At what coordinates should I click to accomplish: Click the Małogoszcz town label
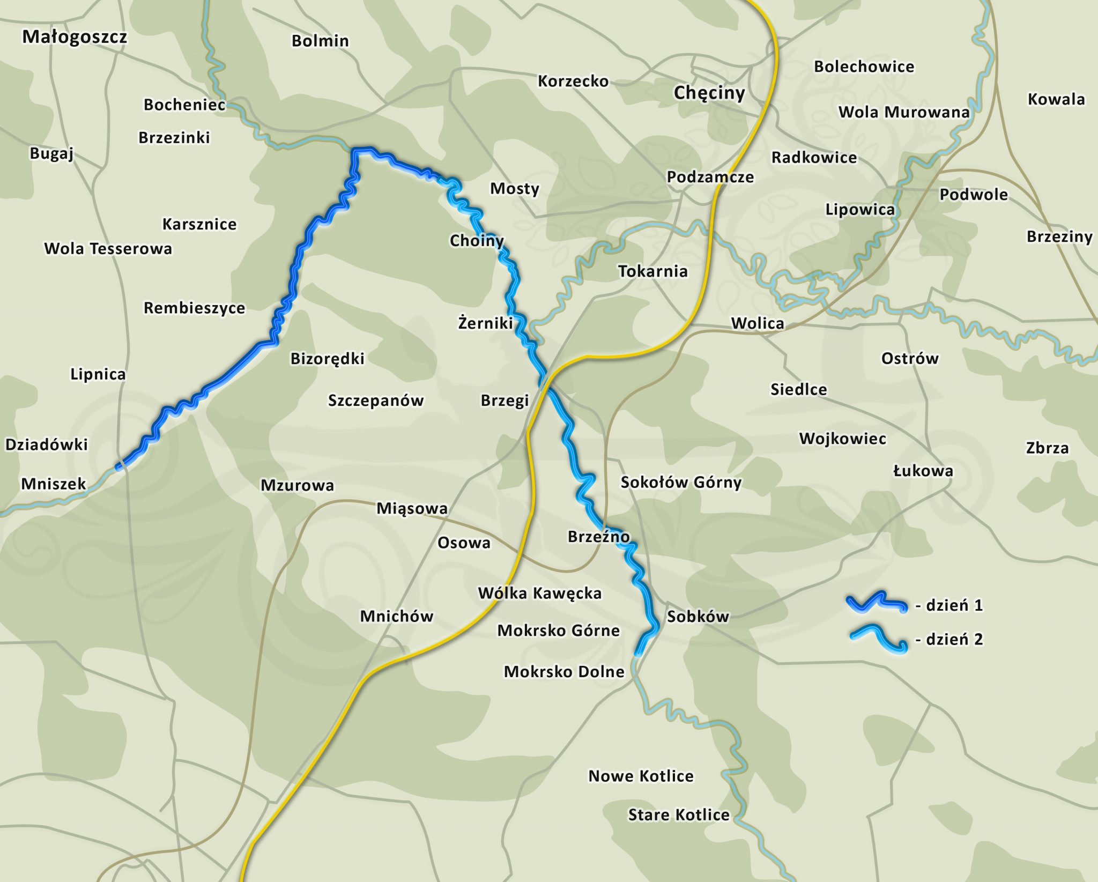coord(75,37)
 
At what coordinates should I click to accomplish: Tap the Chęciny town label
coord(709,93)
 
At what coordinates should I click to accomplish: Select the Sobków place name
coord(698,617)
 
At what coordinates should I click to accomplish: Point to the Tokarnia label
coord(652,271)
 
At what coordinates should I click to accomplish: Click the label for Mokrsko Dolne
coord(564,672)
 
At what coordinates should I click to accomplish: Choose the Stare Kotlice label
coord(679,815)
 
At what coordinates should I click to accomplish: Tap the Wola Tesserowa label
coord(108,249)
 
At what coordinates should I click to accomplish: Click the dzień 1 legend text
coord(949,605)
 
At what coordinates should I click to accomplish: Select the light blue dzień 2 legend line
coord(878,638)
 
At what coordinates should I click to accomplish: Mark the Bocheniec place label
coord(184,105)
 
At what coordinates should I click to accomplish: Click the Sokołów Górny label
coord(681,483)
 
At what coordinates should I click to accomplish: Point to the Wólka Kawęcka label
coord(539,593)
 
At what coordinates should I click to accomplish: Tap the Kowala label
coord(1056,99)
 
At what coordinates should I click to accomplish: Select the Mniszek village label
coord(54,484)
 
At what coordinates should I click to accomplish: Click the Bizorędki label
coord(327,359)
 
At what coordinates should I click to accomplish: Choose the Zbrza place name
coord(1047,448)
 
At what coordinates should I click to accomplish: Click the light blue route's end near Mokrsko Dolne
coord(637,654)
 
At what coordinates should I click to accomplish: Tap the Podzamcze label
coord(710,177)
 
